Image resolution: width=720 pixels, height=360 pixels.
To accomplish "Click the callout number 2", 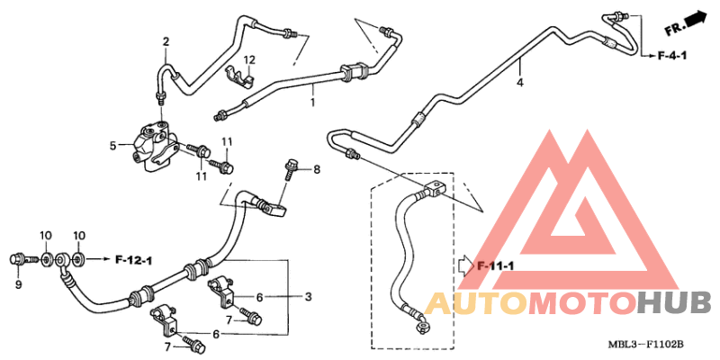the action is [x=166, y=41].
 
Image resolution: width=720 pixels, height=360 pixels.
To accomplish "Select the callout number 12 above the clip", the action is [x=249, y=60].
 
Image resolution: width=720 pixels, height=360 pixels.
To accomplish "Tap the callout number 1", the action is [x=312, y=102].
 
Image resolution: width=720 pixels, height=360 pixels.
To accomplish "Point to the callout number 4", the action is [x=520, y=83].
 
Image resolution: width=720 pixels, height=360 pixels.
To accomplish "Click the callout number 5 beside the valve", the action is [x=113, y=146].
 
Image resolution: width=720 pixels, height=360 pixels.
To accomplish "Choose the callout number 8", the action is [x=317, y=170].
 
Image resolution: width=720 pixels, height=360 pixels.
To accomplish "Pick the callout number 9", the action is [x=18, y=284].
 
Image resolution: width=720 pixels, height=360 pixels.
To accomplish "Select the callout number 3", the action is [x=308, y=297].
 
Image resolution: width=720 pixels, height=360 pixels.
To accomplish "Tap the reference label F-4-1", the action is [x=672, y=56].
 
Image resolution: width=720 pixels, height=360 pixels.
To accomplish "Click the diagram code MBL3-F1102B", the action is [x=646, y=344].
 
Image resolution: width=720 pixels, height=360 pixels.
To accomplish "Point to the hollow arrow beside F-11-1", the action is [x=466, y=265].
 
